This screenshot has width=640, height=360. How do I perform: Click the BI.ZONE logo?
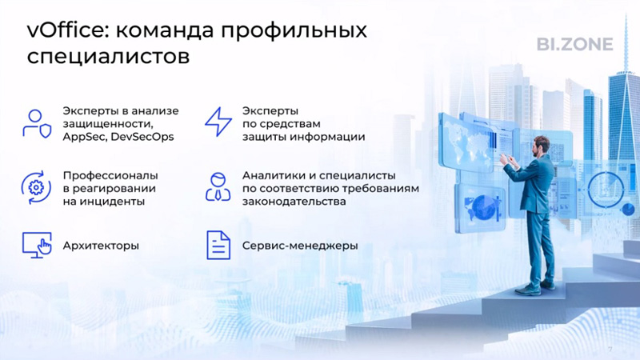(574, 44)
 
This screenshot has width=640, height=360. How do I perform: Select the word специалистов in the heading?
(108, 57)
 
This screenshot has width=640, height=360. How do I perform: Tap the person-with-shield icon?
(37, 124)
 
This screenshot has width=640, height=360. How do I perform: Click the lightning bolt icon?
(218, 122)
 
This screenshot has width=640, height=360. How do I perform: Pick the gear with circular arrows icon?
(36, 188)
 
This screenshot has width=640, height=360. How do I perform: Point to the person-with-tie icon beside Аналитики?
(218, 187)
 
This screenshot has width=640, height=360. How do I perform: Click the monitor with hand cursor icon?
(37, 245)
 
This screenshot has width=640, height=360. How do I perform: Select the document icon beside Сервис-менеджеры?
(218, 246)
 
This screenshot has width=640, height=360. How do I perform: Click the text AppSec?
(85, 137)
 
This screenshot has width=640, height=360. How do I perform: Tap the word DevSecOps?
(142, 137)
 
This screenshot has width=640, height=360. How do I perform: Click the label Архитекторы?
(101, 246)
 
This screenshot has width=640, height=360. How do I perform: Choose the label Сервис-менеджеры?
(300, 246)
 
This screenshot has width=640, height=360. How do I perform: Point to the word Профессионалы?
(110, 175)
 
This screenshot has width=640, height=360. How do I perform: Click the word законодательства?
(294, 202)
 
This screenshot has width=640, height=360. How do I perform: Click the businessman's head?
(541, 146)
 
